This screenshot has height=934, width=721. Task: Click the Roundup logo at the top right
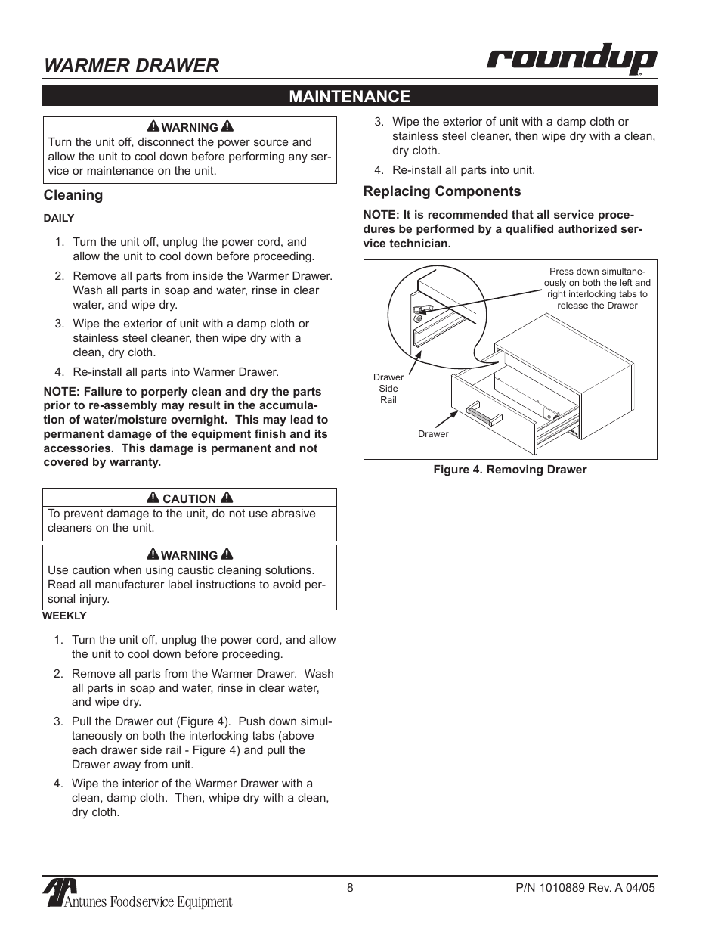point(571,60)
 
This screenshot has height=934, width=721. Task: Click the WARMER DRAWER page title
point(132,65)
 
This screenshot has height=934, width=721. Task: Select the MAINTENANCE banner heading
point(349,96)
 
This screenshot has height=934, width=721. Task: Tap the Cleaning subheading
point(73,195)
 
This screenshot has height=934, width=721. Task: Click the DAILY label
point(58,218)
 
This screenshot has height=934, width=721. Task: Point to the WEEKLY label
point(64,616)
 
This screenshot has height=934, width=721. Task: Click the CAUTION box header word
point(189,498)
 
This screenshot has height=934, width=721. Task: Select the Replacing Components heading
point(442,191)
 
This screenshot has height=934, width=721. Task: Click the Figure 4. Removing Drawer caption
point(509,470)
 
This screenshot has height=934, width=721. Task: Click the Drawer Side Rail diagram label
point(388,389)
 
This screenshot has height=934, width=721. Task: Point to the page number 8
point(350,888)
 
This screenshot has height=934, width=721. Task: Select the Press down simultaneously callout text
point(597,288)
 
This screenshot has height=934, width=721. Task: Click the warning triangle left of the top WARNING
point(153,126)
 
